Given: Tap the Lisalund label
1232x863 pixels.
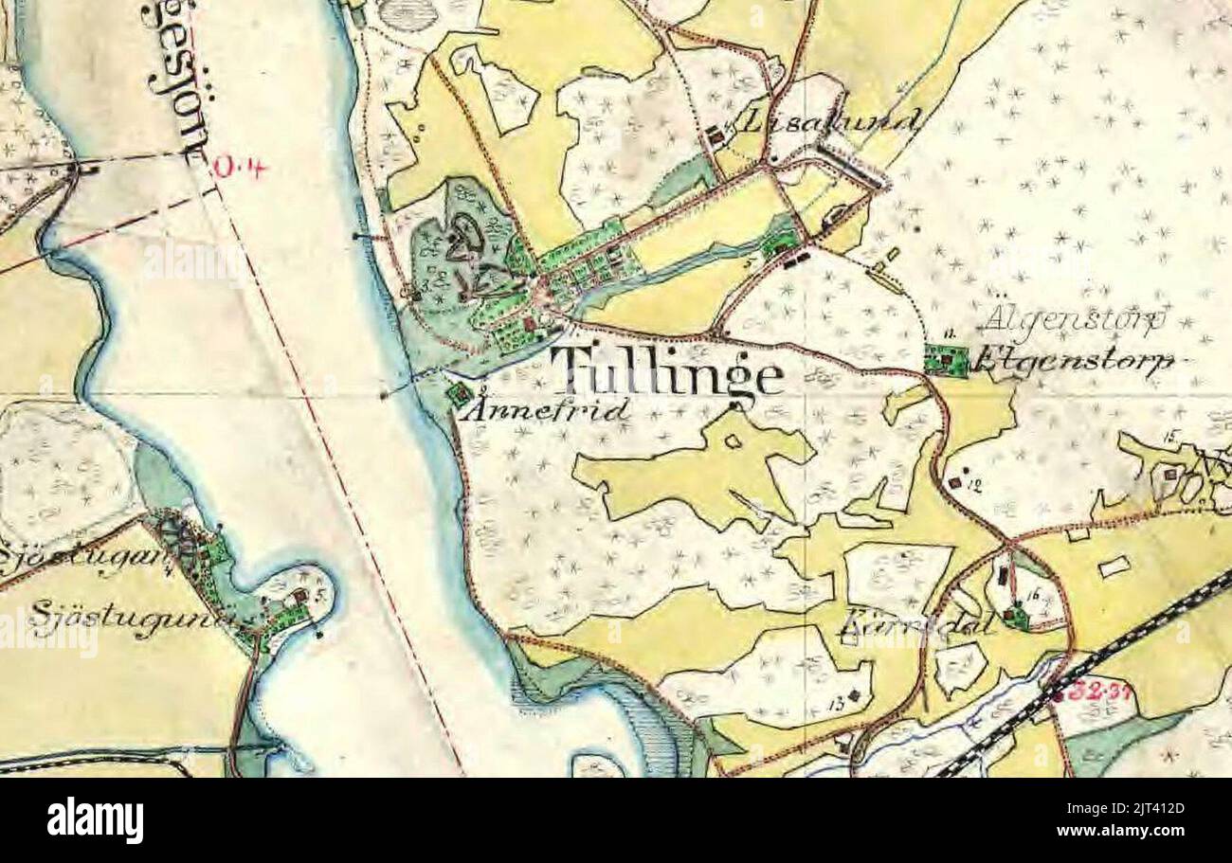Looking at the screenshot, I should point(830,120).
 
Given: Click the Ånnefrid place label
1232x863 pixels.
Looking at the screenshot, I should point(551,409).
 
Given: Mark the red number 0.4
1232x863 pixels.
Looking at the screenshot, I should point(240,168).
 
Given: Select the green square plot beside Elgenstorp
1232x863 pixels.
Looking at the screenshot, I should point(946,360).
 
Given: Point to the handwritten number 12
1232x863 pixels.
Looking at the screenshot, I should point(974,485).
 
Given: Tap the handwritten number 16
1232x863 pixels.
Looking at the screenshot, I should point(1033,594).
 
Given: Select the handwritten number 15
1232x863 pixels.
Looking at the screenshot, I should point(1171,436).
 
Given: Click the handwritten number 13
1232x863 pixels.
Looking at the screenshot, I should point(836,702).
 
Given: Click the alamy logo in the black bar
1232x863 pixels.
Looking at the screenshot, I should point(96,820).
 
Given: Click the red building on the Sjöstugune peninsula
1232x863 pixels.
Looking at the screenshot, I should point(300,596).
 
